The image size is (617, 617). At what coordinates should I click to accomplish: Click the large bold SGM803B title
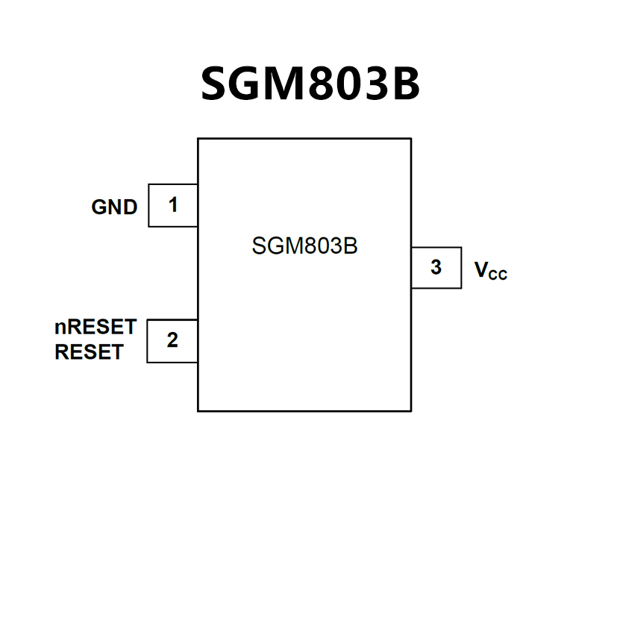point(310,84)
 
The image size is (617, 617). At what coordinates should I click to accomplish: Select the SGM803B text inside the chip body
point(304,245)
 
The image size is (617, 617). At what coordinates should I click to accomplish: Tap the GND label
point(114,207)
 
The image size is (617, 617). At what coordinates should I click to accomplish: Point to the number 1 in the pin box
point(173,204)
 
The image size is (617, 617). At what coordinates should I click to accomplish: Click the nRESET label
point(95,327)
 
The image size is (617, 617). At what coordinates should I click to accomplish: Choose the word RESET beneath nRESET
point(89,352)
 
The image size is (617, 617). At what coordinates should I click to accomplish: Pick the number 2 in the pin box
point(172,340)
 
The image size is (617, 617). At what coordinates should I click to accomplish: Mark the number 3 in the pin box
point(436,267)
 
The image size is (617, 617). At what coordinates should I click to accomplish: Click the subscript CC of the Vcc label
point(498,275)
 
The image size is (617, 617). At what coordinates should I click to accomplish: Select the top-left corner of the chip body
point(198,139)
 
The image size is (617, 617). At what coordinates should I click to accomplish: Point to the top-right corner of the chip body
point(411,139)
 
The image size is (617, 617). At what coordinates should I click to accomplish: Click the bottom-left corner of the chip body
point(198,410)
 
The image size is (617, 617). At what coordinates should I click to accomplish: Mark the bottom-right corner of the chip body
point(411,410)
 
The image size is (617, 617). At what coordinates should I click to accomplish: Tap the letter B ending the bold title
point(403,84)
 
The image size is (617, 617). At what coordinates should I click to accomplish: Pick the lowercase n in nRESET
point(60,328)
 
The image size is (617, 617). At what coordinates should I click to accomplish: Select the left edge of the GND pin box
point(148,205)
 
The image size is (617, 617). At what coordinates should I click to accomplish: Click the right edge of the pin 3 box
point(461,267)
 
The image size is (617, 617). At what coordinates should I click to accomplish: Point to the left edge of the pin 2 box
point(147,341)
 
